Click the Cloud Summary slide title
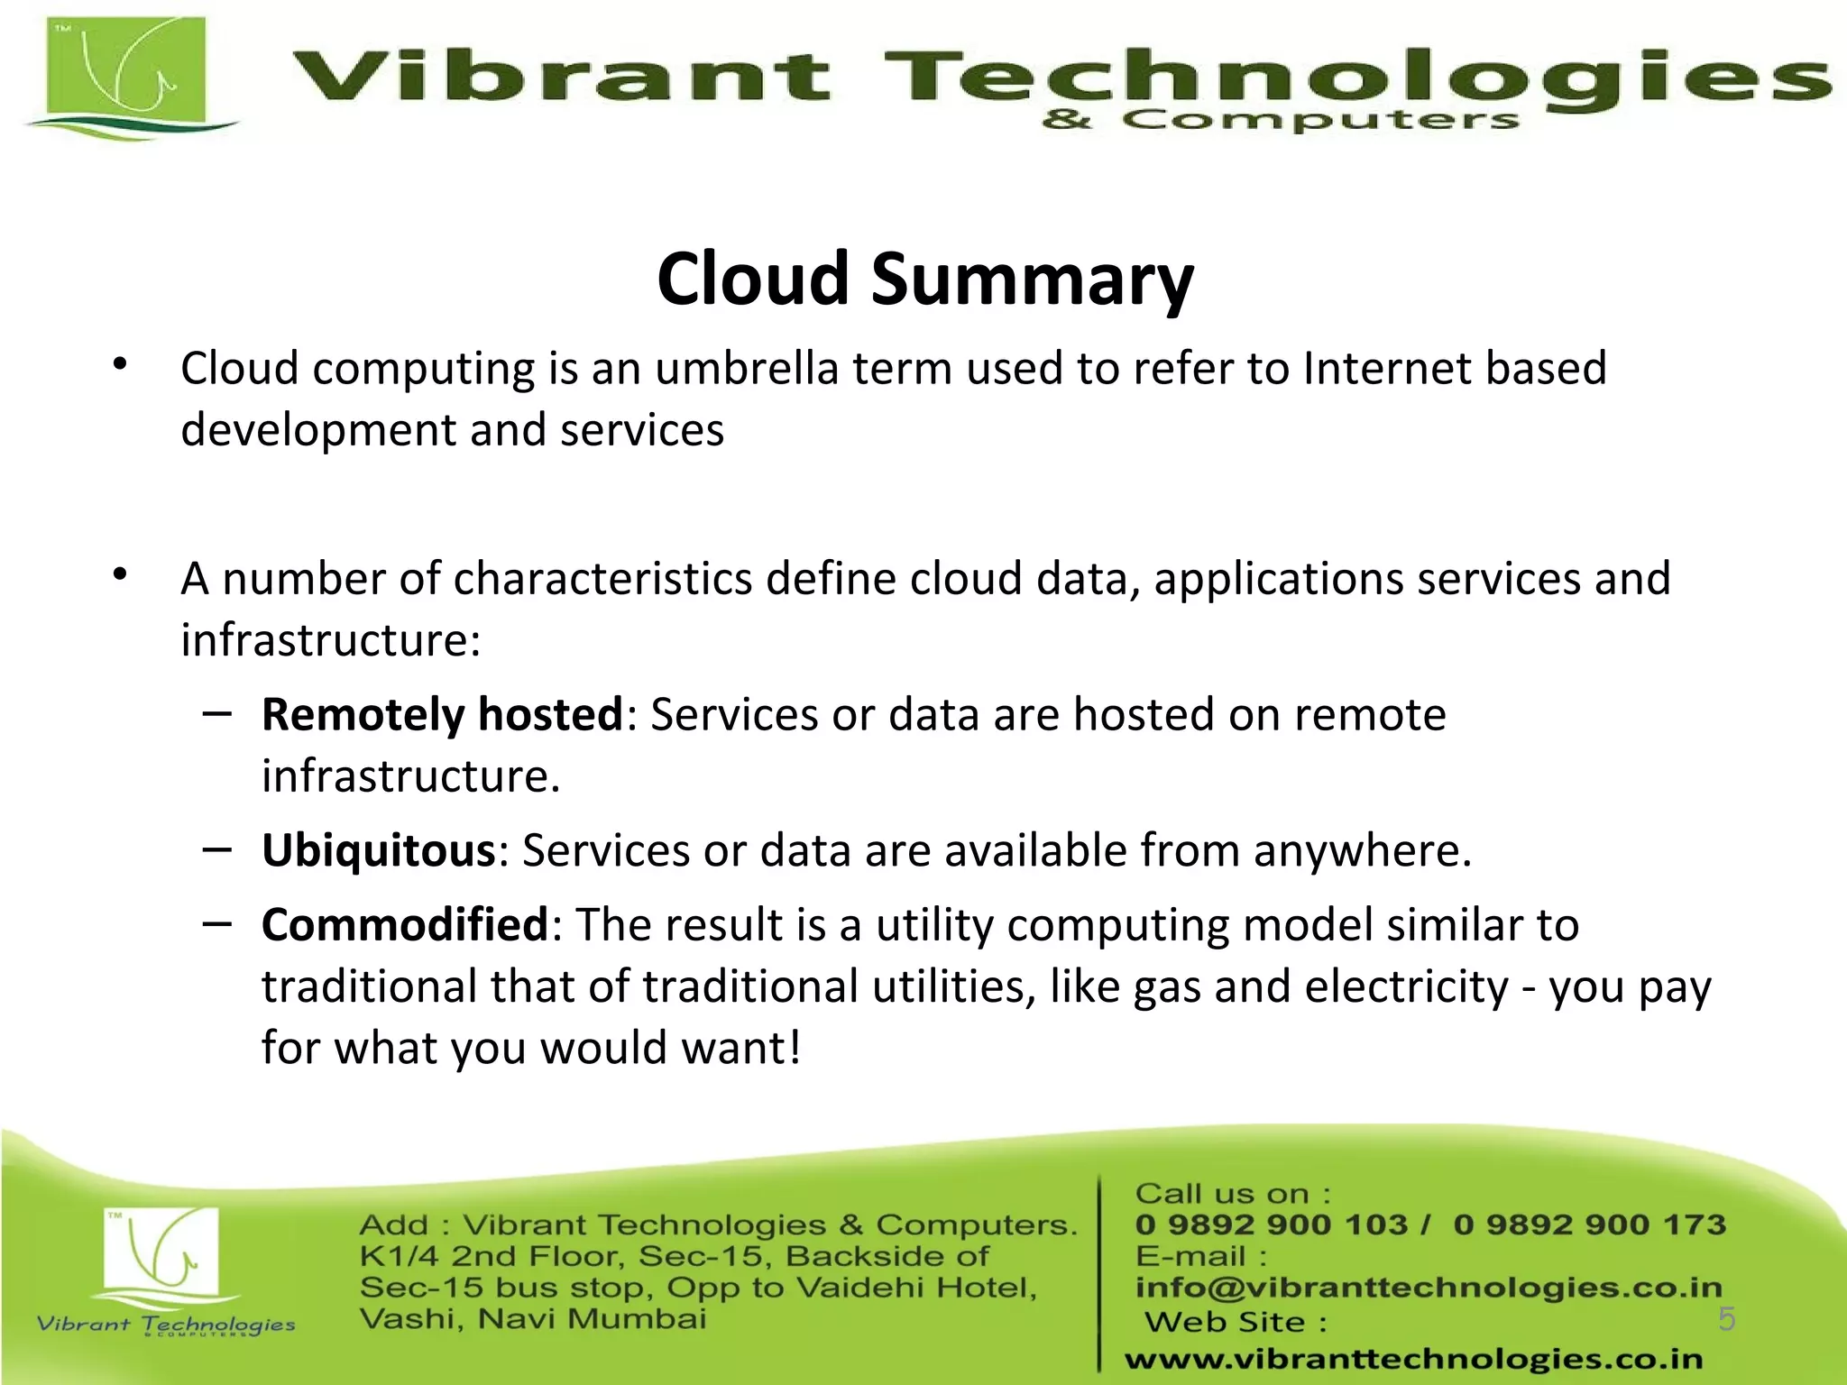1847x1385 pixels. (925, 279)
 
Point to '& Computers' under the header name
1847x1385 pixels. (1280, 120)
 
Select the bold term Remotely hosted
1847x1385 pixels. (442, 714)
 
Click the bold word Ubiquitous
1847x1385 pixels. (379, 850)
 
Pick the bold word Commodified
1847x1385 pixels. (404, 925)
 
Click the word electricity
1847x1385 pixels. (1406, 986)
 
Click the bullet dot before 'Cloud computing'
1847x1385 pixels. (120, 364)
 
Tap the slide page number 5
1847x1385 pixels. (1726, 1318)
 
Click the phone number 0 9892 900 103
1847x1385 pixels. (1271, 1224)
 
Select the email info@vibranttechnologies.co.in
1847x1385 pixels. (1428, 1288)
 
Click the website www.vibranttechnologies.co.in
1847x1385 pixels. (1413, 1359)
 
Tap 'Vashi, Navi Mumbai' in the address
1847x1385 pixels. (532, 1319)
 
